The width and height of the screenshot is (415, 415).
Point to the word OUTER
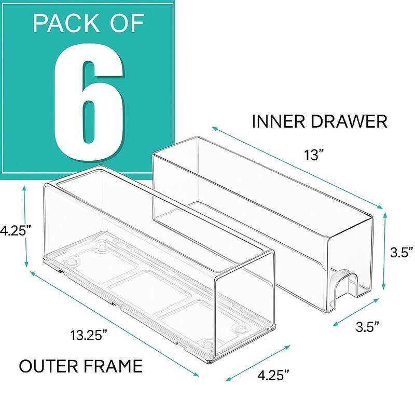coord(48,366)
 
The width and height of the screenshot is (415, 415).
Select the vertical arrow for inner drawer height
coord(383,252)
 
